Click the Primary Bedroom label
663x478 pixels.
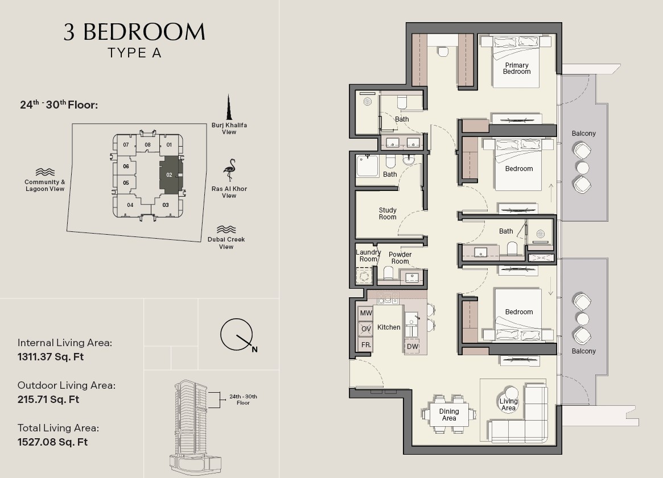(x=517, y=68)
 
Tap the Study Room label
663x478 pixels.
(x=388, y=214)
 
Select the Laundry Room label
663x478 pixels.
(x=368, y=255)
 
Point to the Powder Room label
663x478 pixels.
(x=400, y=257)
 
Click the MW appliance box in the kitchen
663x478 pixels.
(x=365, y=313)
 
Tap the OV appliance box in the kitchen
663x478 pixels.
(x=365, y=329)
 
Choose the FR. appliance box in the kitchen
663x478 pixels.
(x=365, y=344)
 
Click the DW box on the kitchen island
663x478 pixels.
(x=412, y=346)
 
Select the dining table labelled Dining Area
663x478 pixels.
(x=448, y=414)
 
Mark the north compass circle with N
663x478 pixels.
(x=236, y=334)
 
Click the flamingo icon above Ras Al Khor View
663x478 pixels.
(x=229, y=170)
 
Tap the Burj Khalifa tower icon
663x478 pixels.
(x=229, y=107)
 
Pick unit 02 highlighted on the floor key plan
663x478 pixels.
(x=170, y=175)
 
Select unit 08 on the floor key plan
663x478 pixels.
(x=147, y=144)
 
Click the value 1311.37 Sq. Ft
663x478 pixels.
(x=51, y=357)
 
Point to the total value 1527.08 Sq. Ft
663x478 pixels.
(x=52, y=442)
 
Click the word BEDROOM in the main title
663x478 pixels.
(x=144, y=32)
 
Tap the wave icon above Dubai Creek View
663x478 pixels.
(x=226, y=229)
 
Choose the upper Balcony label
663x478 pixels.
(x=583, y=134)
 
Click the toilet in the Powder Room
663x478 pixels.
(x=389, y=273)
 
